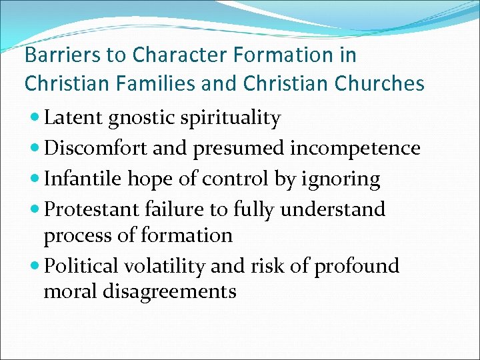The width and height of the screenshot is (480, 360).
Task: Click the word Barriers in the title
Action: (55, 54)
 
